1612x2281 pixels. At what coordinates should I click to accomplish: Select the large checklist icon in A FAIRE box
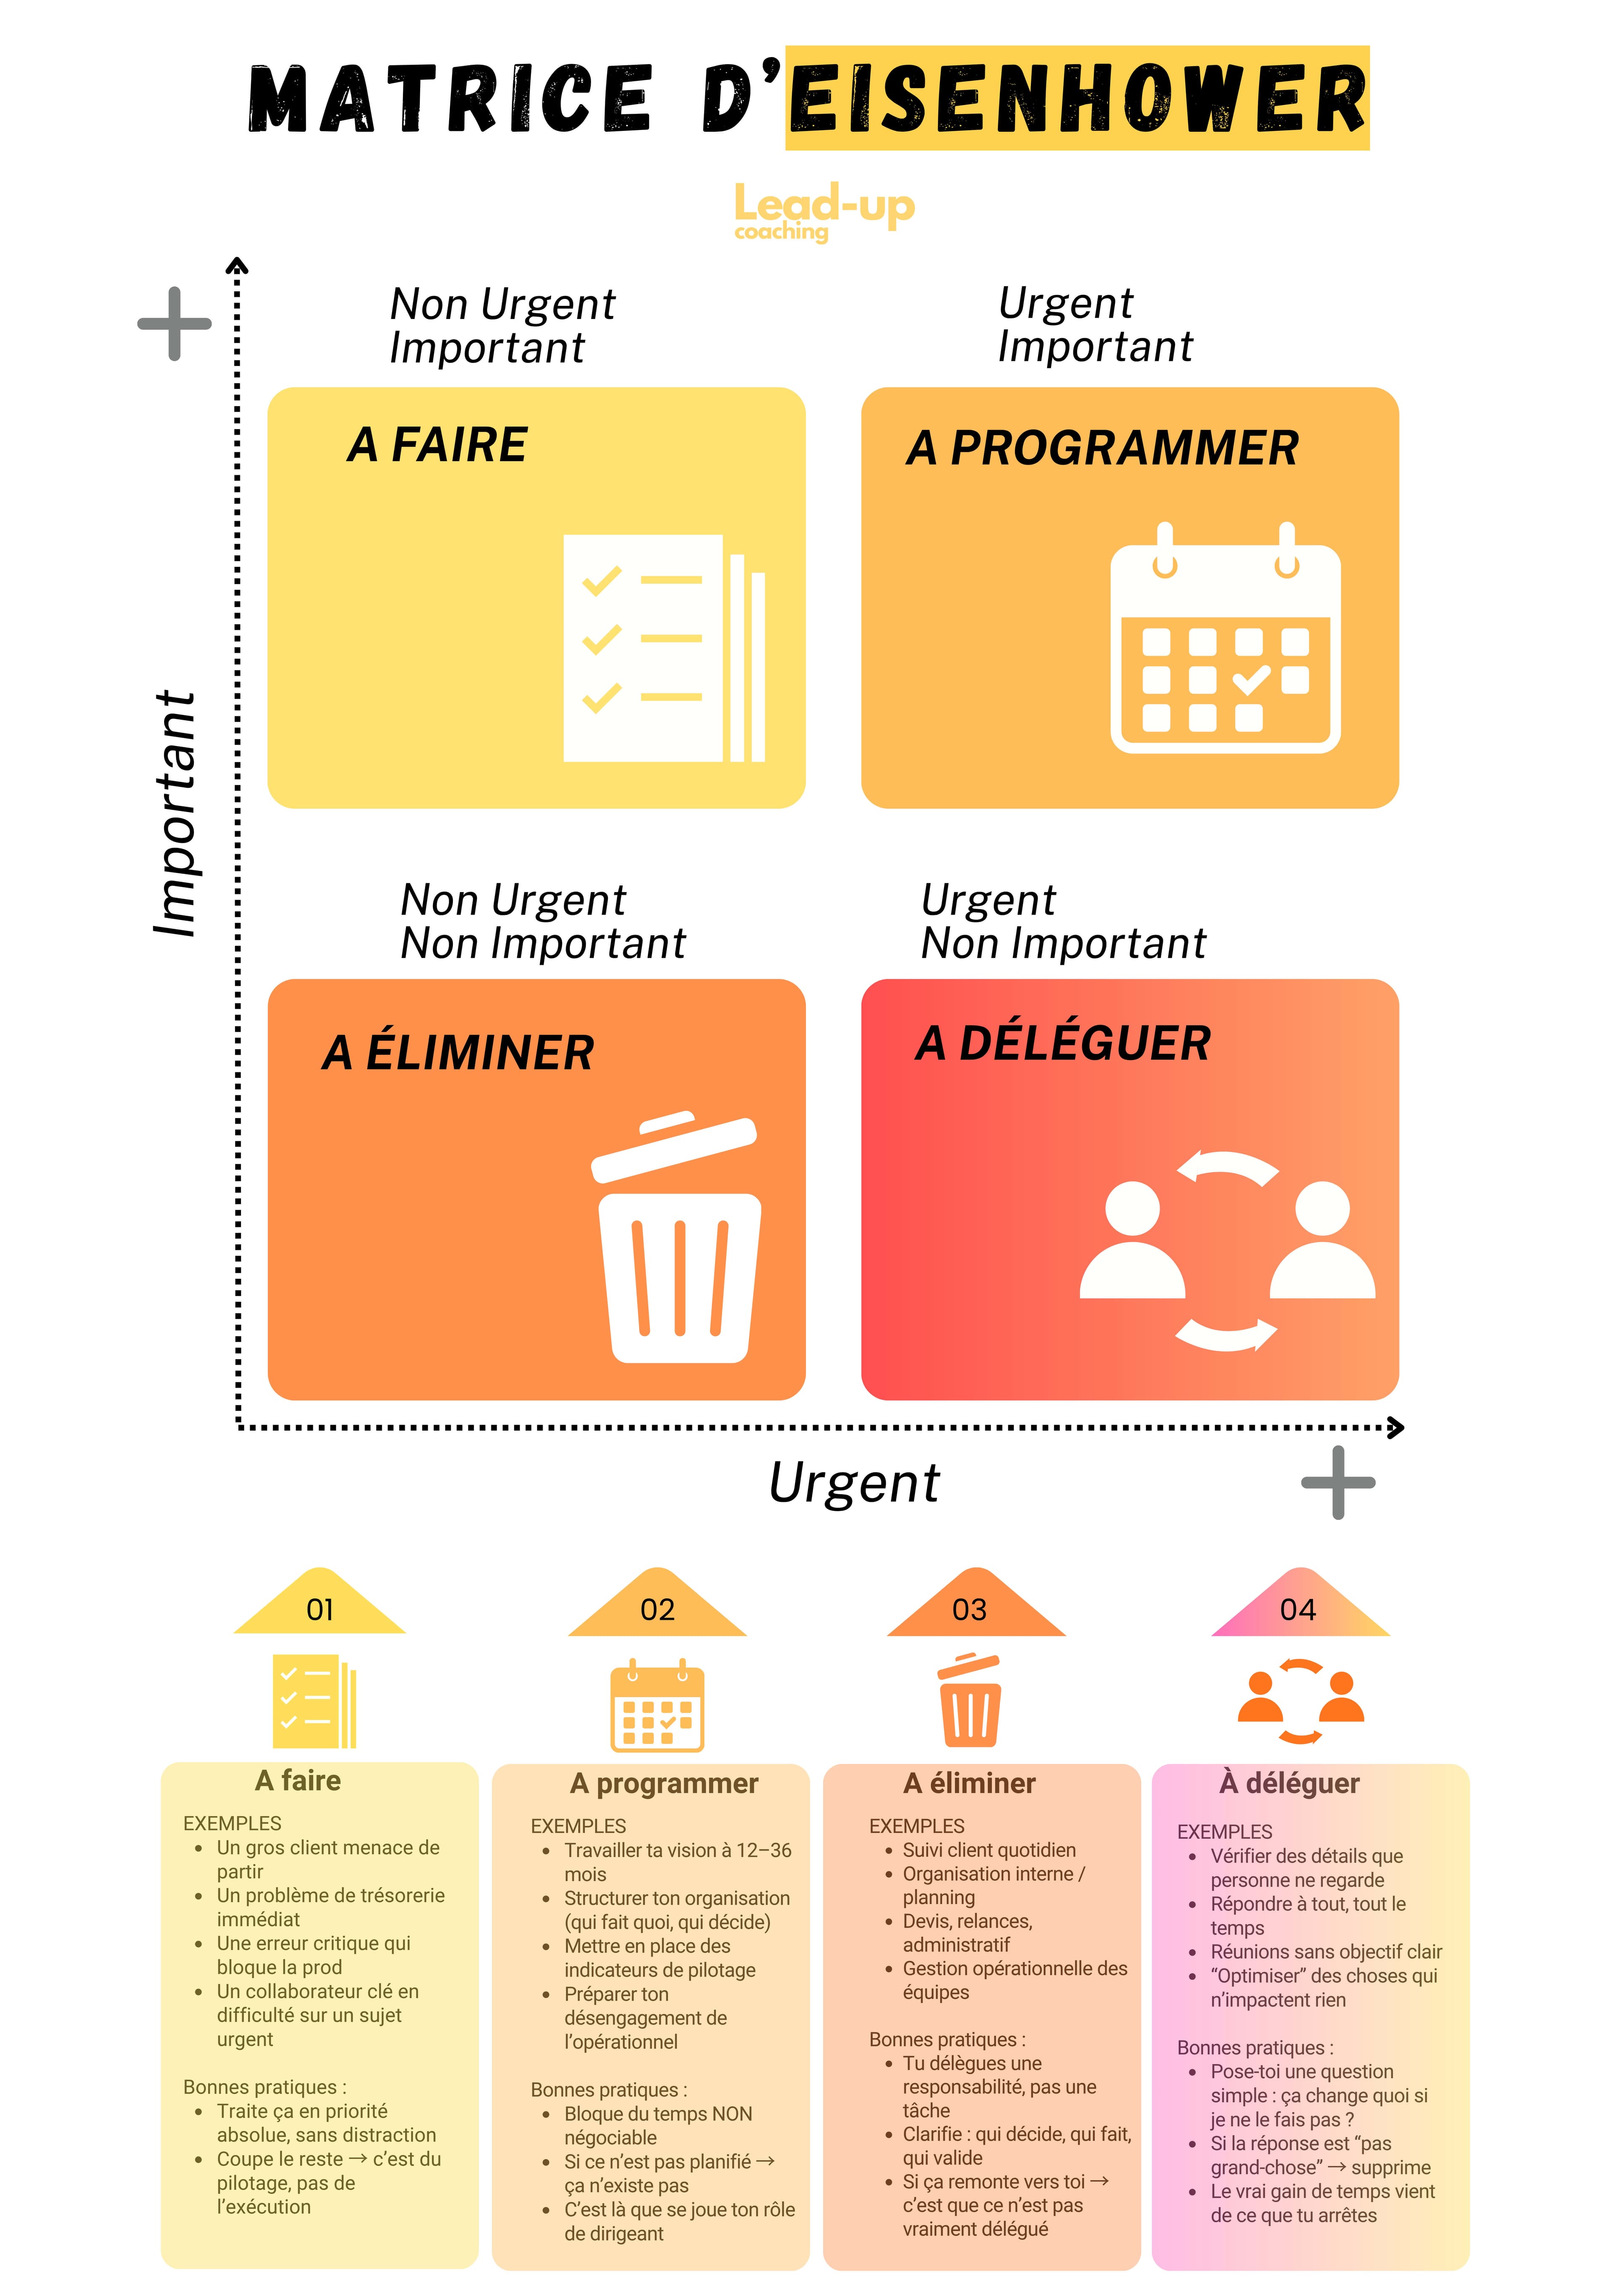point(663,648)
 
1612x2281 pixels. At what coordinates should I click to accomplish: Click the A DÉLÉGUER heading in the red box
point(1062,1043)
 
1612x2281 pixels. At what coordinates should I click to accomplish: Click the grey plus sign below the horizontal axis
point(1338,1482)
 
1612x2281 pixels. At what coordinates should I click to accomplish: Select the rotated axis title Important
point(176,813)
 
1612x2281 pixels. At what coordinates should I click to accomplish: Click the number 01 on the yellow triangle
point(320,1610)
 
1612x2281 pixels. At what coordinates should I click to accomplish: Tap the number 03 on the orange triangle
point(969,1610)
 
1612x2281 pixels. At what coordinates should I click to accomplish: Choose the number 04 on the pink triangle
point(1298,1610)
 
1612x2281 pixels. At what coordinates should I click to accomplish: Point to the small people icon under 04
point(1300,1701)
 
